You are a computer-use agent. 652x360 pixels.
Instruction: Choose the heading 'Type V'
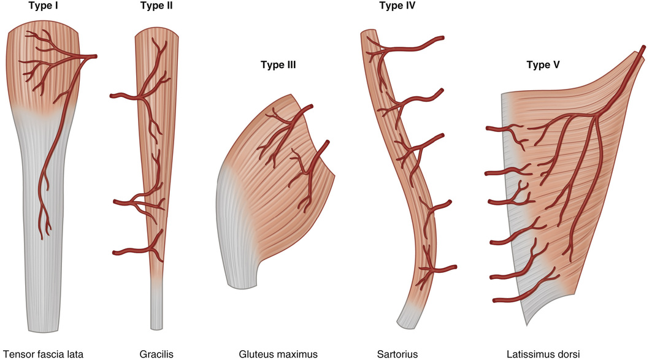(543, 64)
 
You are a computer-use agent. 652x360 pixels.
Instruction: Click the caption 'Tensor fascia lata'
(43, 354)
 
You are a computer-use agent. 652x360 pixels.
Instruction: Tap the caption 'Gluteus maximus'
(278, 354)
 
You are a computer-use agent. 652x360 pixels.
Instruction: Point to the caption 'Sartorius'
(397, 354)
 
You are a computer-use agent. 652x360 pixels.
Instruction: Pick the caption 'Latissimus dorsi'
(543, 354)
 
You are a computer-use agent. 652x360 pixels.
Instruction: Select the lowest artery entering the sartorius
(445, 269)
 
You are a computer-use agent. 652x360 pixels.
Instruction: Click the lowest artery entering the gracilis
(126, 251)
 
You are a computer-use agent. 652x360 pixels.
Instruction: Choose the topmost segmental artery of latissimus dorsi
(497, 128)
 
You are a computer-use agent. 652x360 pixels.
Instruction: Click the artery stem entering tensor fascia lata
(91, 57)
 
